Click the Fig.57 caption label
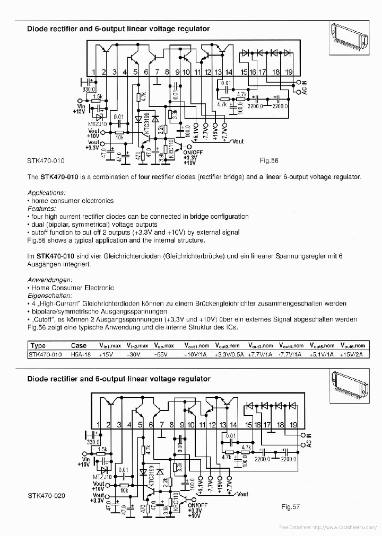coord(291,507)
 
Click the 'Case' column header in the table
coord(79,345)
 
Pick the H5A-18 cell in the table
coord(81,355)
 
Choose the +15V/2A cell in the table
coord(352,355)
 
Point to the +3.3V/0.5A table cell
coord(228,355)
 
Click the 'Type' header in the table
coord(39,345)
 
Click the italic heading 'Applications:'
coord(46,193)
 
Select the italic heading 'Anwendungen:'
coord(49,280)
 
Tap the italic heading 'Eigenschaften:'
coord(50,296)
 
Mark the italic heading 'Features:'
coord(41,209)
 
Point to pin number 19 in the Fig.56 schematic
coord(289,72)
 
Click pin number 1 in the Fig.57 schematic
coord(98,424)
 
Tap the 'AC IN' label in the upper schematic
coord(304,87)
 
